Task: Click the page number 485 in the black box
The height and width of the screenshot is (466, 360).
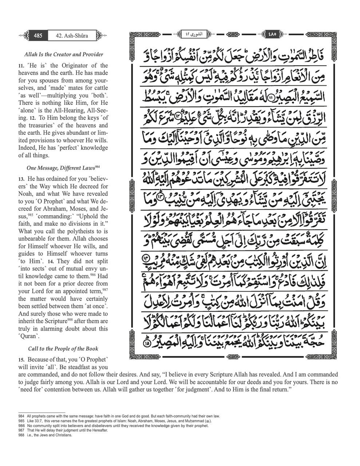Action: [38, 36]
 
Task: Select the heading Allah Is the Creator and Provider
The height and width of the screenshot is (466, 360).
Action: [63, 54]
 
